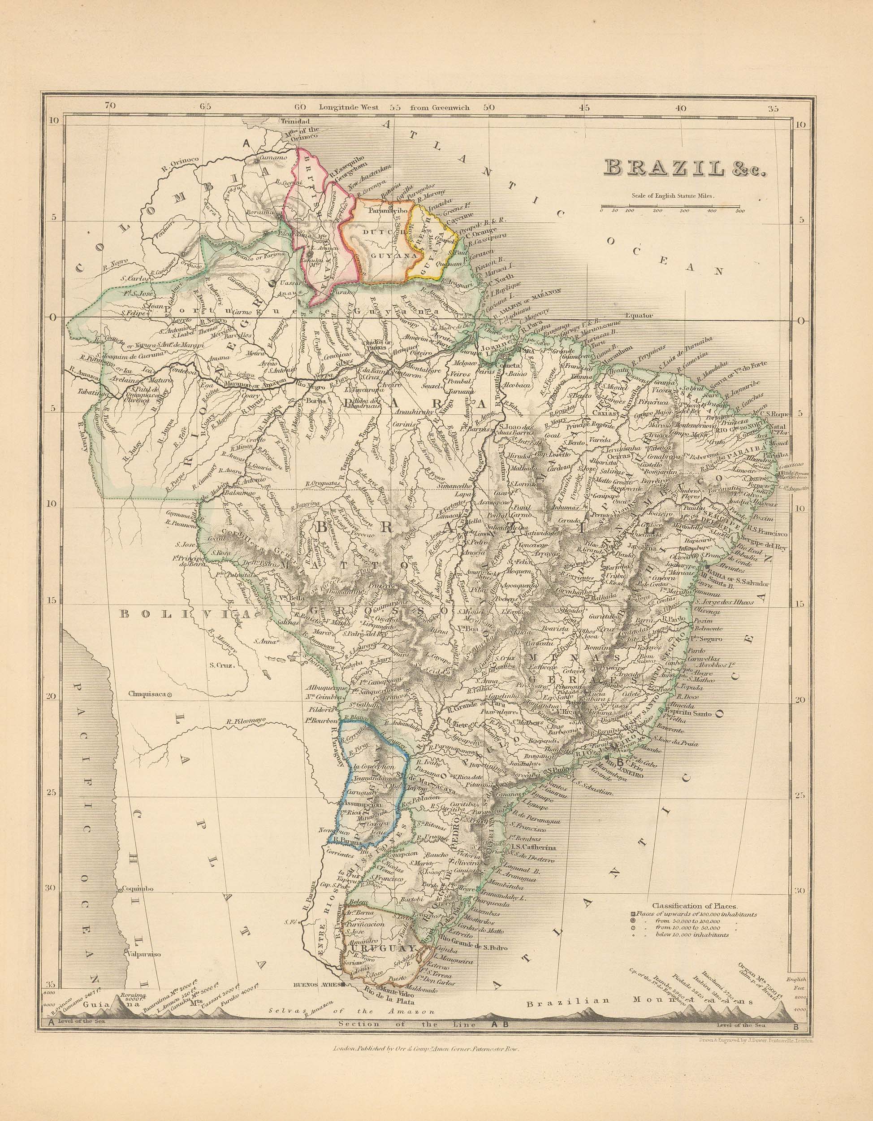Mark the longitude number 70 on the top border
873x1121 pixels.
[110, 107]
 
